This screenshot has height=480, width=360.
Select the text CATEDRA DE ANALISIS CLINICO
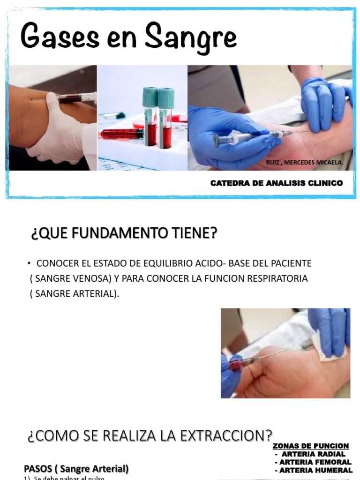277,183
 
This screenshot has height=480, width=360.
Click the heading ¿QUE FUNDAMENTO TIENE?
124,233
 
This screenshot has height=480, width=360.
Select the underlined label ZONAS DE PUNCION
310,446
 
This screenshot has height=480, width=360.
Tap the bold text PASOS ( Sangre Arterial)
76,468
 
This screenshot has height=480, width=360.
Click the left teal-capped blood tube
150,117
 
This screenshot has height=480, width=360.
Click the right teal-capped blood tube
165,117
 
